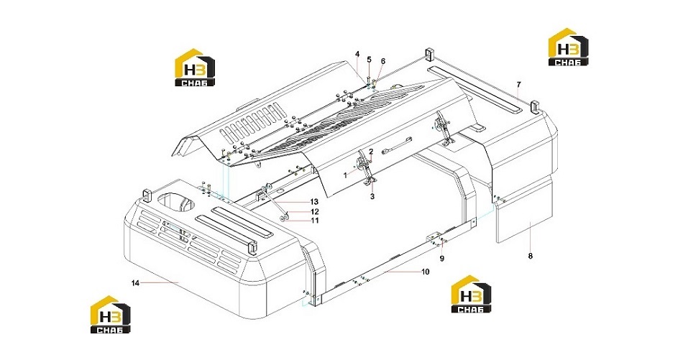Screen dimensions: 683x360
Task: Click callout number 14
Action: pyautogui.click(x=135, y=283)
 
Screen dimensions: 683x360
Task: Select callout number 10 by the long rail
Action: pyautogui.click(x=426, y=272)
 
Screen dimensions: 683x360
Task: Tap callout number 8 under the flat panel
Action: pyautogui.click(x=530, y=256)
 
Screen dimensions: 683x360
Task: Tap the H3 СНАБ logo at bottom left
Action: pyautogui.click(x=110, y=314)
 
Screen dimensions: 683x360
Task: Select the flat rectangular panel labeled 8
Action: pyautogui.click(x=524, y=210)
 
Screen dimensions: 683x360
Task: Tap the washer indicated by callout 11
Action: pyautogui.click(x=283, y=217)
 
